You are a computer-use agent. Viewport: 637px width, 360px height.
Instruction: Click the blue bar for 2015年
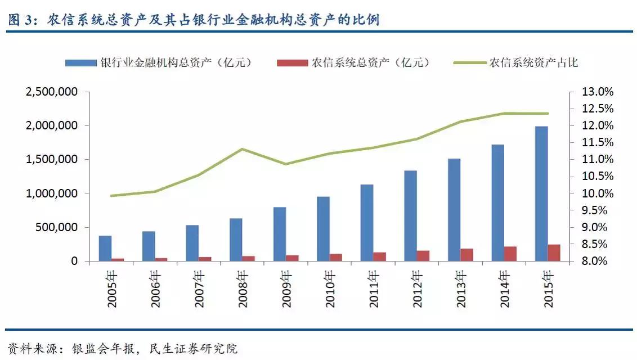541,193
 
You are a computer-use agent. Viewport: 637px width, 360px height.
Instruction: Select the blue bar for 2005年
105,248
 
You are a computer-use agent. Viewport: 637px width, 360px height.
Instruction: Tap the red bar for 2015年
554,253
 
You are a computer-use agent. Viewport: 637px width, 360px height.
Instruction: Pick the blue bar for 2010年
323,229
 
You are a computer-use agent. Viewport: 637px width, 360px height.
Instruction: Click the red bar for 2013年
466,255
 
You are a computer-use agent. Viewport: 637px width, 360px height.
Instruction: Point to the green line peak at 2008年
242,149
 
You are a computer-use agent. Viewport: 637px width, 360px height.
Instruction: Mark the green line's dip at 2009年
285,164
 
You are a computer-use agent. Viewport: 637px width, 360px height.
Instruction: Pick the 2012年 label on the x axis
416,289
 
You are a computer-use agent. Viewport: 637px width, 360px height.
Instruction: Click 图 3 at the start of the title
21,21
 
